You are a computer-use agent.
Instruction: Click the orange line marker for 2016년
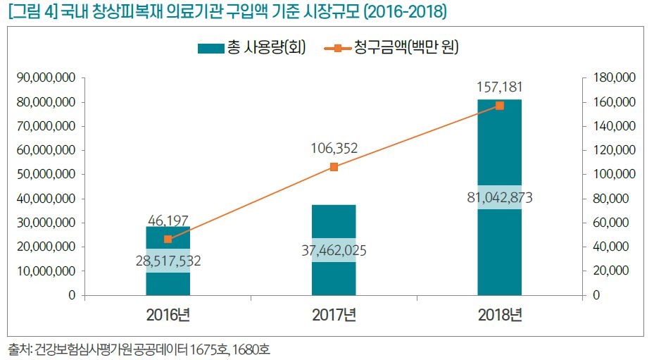point(168,240)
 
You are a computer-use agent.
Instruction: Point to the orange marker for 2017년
point(334,167)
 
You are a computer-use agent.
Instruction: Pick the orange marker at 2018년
point(499,106)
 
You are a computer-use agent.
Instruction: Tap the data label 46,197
point(168,222)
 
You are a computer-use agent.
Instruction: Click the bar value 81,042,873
point(499,198)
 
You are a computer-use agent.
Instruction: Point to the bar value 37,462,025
point(334,250)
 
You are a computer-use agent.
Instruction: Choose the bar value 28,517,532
point(168,261)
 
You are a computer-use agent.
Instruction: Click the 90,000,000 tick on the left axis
point(46,78)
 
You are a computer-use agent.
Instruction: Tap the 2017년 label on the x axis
point(334,314)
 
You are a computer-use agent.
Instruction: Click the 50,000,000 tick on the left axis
point(46,174)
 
